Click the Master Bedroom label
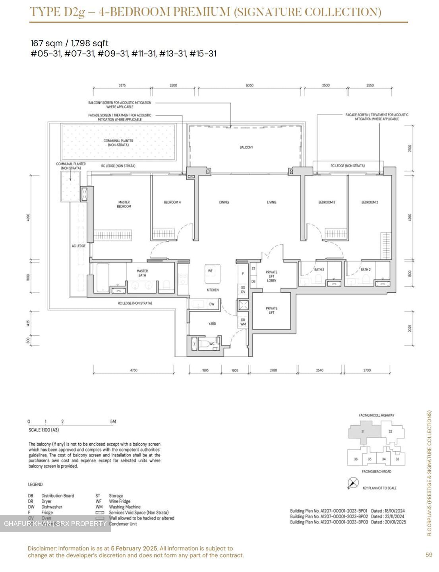pyautogui.click(x=124, y=204)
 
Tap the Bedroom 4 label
pyautogui.click(x=172, y=202)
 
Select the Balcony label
pyautogui.click(x=246, y=147)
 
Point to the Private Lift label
pyautogui.click(x=272, y=310)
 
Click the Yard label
pyautogui.click(x=212, y=324)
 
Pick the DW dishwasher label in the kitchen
pyautogui.click(x=212, y=304)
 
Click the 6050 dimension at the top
pyautogui.click(x=249, y=85)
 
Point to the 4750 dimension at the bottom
pyautogui.click(x=133, y=370)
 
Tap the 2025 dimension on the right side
pyautogui.click(x=410, y=328)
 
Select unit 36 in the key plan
pyautogui.click(x=356, y=459)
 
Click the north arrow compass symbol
pyautogui.click(x=353, y=483)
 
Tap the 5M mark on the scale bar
pyautogui.click(x=113, y=421)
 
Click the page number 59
pyautogui.click(x=429, y=555)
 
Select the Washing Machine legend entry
pyautogui.click(x=124, y=507)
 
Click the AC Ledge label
pyautogui.click(x=79, y=246)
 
